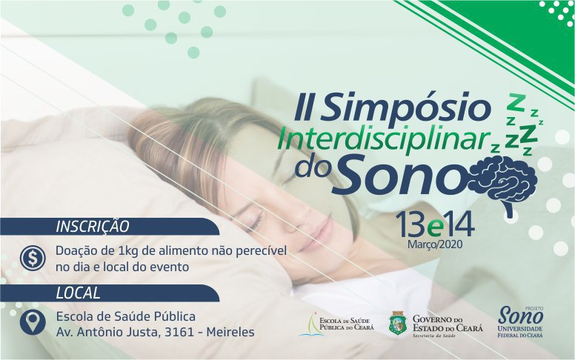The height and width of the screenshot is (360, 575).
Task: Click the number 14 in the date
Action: (x=459, y=224)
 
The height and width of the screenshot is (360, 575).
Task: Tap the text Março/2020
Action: (x=435, y=244)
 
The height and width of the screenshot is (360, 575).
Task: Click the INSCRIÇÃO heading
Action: (x=93, y=227)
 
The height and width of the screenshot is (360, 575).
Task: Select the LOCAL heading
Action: (x=78, y=293)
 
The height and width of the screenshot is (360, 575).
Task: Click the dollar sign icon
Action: (x=33, y=258)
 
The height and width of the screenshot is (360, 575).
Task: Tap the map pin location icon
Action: (x=33, y=323)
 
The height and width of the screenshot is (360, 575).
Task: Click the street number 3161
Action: (x=179, y=332)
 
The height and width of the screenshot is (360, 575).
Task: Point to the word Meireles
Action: (x=230, y=332)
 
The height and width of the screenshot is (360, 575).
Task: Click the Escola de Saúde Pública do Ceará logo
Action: (x=336, y=324)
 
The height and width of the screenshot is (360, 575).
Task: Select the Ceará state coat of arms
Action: (x=398, y=324)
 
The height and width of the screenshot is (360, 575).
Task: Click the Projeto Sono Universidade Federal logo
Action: (x=520, y=322)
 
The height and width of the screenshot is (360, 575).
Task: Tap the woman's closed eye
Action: (x=255, y=219)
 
